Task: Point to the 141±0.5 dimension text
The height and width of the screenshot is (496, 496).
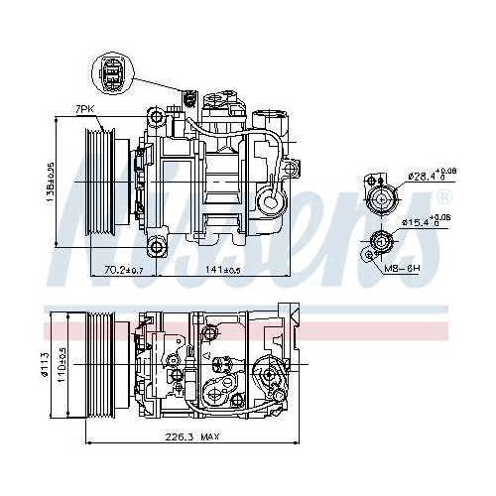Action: coord(221,270)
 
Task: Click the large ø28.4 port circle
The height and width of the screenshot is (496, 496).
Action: coord(380,199)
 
